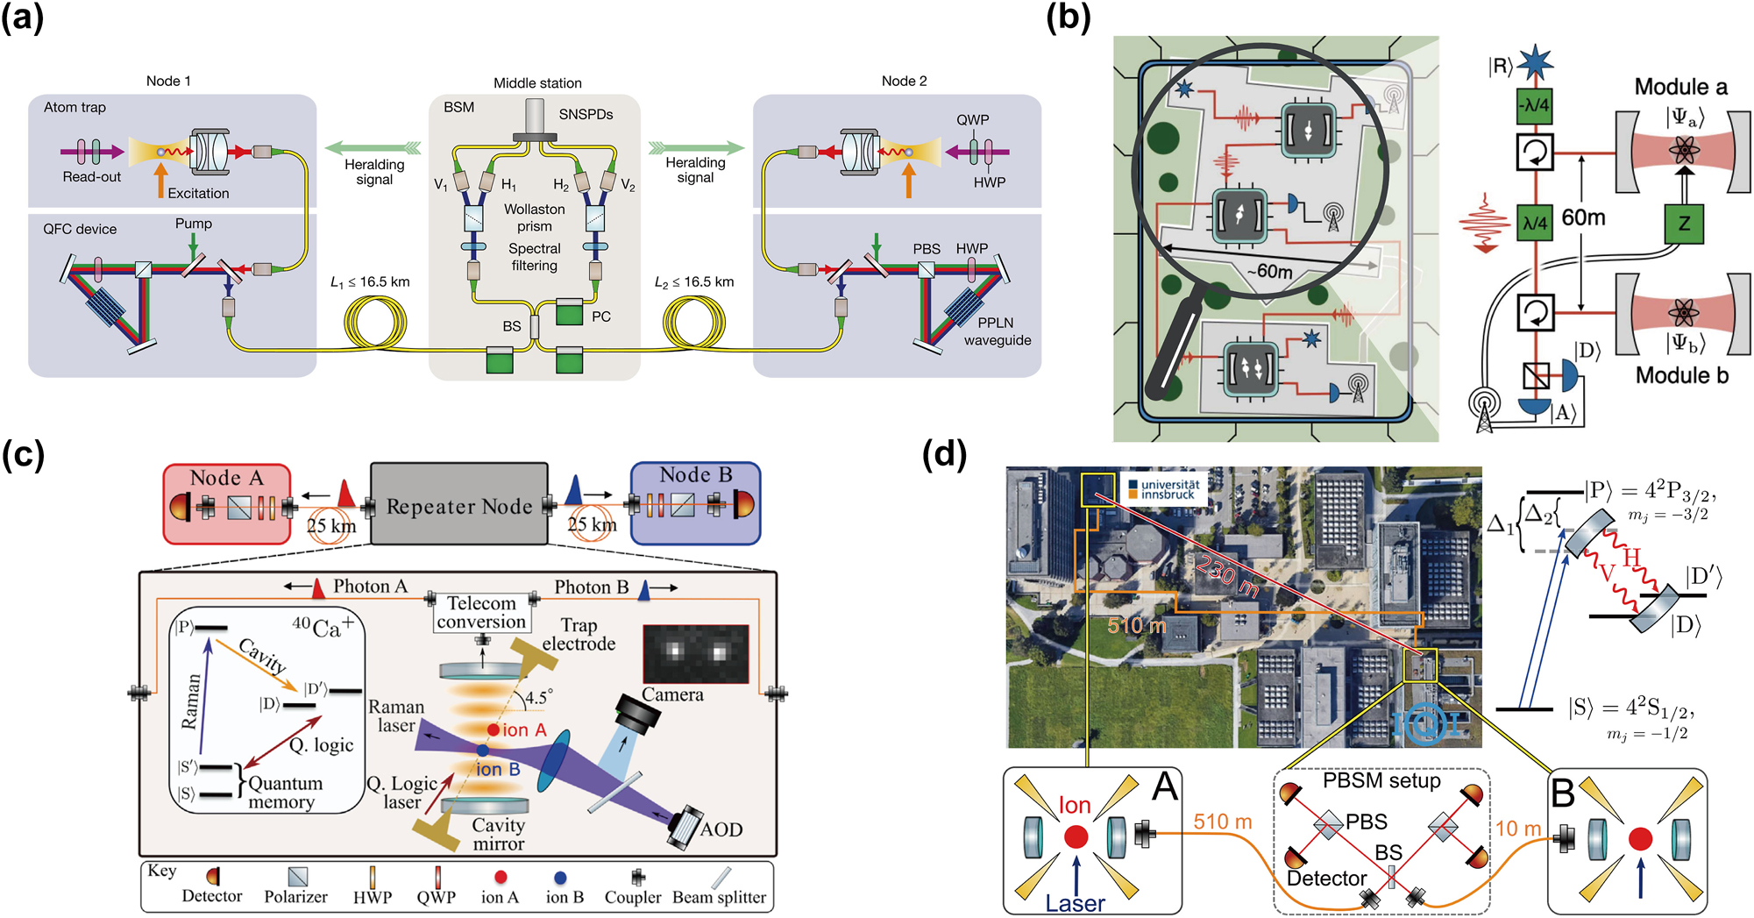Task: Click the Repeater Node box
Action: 459,505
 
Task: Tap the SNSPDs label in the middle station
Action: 586,114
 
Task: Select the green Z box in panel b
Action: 1684,224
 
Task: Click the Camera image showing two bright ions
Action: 696,654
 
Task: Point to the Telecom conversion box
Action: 481,612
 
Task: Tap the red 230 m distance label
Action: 1227,579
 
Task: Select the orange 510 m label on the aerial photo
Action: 1136,625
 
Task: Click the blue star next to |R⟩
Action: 1535,63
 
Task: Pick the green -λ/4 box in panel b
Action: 1535,105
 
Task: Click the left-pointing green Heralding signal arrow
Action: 373,147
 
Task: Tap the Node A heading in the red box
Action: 226,478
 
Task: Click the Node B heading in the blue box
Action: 695,474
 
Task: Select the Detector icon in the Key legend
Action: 212,876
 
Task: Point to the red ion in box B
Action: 1640,839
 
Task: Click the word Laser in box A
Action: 1075,903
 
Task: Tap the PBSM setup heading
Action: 1381,780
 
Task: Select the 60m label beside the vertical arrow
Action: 1583,217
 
